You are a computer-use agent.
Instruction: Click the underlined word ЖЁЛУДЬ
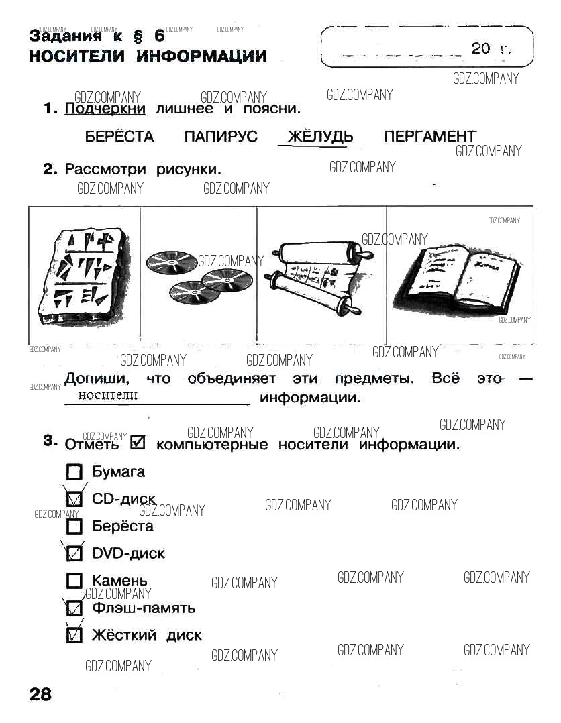[x=320, y=137]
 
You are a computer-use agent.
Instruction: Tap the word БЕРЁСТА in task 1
[x=119, y=137]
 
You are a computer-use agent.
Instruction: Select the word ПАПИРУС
[x=221, y=137]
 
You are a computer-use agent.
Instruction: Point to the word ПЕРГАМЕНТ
[x=430, y=137]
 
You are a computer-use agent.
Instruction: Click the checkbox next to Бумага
[x=74, y=471]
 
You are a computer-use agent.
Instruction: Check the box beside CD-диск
[x=74, y=499]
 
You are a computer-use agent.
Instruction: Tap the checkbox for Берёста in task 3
[x=74, y=526]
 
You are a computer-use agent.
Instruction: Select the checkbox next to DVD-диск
[x=74, y=553]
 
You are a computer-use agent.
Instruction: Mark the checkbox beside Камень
[x=74, y=581]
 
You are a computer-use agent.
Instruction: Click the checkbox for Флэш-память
[x=74, y=608]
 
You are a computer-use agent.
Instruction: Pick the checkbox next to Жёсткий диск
[x=74, y=635]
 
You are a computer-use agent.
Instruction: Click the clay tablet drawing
[x=82, y=276]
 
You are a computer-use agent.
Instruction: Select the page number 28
[x=40, y=694]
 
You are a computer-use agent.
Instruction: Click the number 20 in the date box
[x=480, y=48]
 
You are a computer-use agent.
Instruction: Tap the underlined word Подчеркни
[x=105, y=109]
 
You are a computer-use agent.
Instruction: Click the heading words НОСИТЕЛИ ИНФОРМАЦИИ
[x=148, y=56]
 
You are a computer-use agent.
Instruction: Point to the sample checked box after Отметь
[x=138, y=443]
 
